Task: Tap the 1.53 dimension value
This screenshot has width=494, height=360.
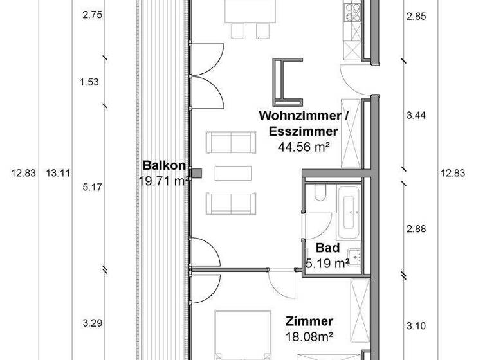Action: [x=89, y=82]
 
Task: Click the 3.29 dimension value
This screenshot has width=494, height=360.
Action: [x=93, y=323]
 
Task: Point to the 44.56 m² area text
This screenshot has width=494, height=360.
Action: [x=304, y=147]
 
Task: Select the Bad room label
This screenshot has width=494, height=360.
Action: [x=327, y=249]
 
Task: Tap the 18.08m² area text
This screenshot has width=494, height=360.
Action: [x=309, y=336]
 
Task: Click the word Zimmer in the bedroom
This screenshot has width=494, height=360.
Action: [x=309, y=321]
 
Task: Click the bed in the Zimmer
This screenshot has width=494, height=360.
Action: [x=242, y=337]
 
